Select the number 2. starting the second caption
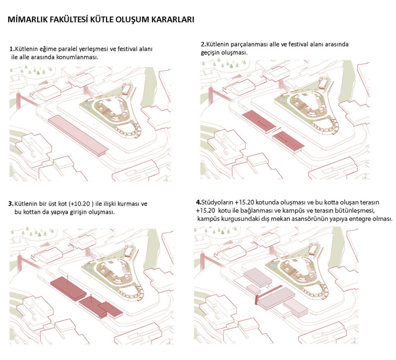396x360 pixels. (x=203, y=44)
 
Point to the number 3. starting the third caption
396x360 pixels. (x=11, y=204)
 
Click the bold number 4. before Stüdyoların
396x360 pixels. (x=198, y=202)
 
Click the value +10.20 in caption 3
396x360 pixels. (x=80, y=204)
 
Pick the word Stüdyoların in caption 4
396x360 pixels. (x=217, y=202)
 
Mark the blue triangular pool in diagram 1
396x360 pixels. (x=85, y=105)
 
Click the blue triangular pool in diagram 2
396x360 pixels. (x=281, y=101)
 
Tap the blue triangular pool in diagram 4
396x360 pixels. (x=273, y=265)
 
